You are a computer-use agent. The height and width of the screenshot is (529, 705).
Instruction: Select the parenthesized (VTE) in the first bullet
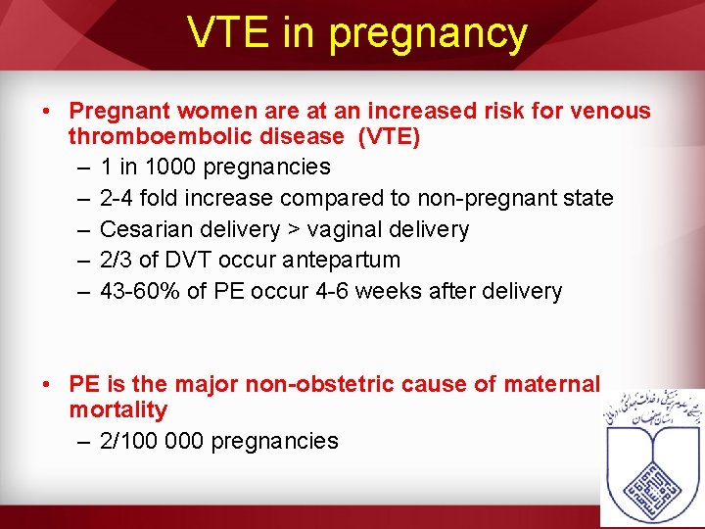(x=390, y=137)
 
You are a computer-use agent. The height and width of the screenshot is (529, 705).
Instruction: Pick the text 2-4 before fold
(x=117, y=198)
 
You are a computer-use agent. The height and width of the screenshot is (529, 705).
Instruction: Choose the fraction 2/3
(x=115, y=261)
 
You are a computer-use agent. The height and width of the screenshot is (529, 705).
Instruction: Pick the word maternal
(x=551, y=384)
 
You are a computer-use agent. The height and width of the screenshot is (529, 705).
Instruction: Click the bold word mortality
(x=117, y=409)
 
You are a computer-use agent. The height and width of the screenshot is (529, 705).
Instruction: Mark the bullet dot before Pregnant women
(x=48, y=111)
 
